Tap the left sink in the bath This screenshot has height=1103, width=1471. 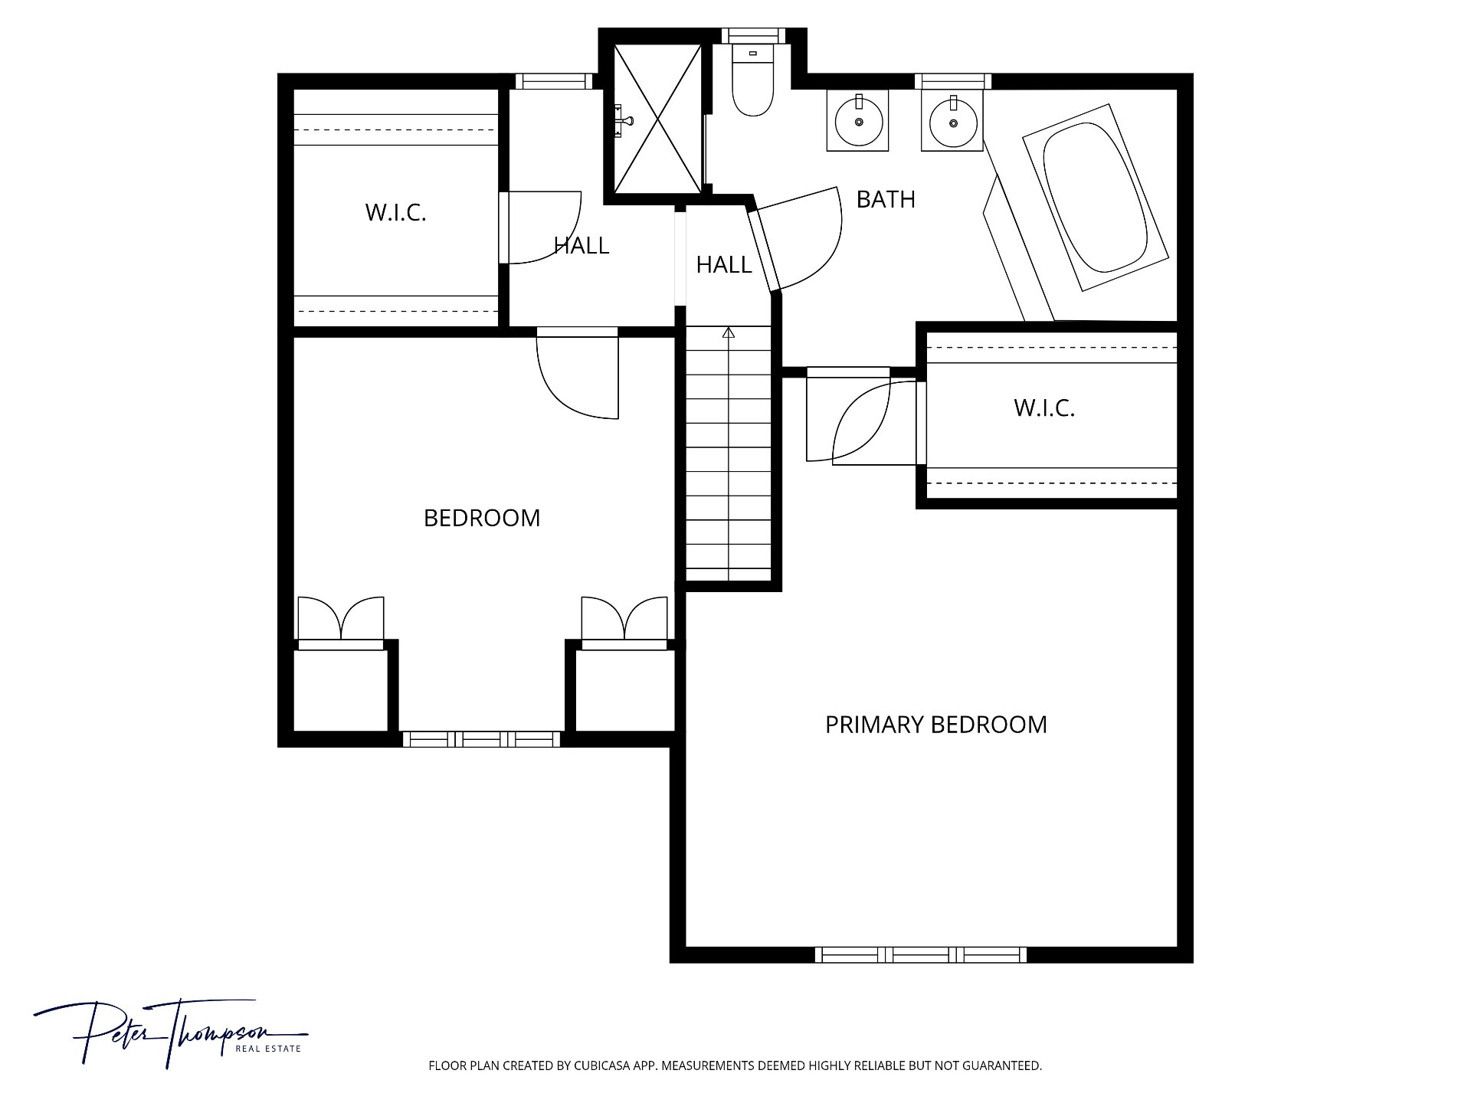[x=858, y=121]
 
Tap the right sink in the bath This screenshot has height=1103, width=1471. [x=953, y=121]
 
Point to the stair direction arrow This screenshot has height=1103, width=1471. [x=729, y=332]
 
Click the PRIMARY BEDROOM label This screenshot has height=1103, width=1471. [x=935, y=725]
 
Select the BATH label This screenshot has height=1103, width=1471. [x=886, y=199]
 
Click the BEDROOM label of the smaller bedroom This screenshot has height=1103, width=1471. [x=482, y=519]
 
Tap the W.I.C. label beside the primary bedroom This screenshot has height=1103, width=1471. [x=1044, y=408]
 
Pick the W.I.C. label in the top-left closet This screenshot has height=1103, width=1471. [x=395, y=212]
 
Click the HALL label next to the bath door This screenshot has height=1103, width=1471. [x=724, y=265]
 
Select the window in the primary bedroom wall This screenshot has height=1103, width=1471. [x=920, y=954]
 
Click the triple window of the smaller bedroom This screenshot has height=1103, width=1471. [x=482, y=739]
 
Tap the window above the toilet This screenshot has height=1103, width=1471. [x=753, y=35]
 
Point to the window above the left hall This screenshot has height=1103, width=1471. [x=554, y=81]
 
